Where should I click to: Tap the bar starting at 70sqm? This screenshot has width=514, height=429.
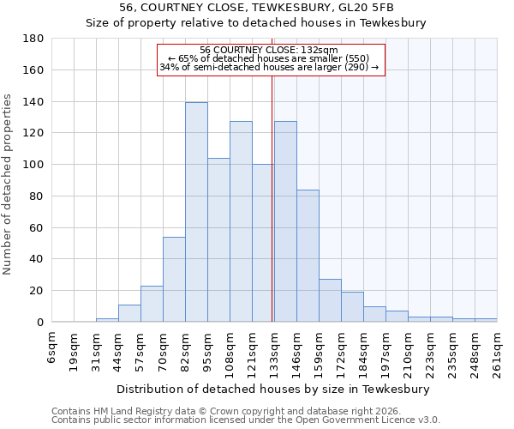(x=174, y=279)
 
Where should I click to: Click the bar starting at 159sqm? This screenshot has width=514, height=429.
(x=330, y=300)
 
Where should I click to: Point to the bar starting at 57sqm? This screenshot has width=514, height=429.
(x=152, y=304)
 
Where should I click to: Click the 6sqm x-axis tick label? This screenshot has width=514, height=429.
(x=52, y=347)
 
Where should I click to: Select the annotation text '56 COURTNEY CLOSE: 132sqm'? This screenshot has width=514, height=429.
(x=268, y=50)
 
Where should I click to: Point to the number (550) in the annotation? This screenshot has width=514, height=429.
(x=352, y=58)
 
